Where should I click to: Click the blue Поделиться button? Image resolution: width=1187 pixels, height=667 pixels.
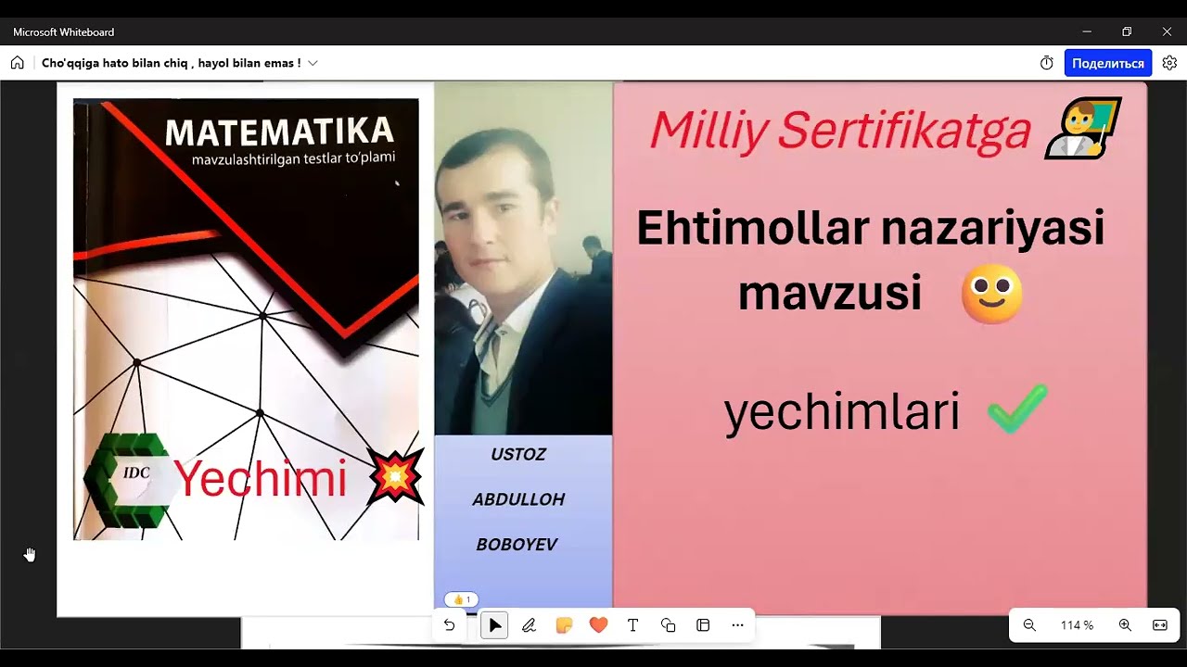point(1107,63)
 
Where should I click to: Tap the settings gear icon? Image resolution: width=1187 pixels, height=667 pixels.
point(1169,63)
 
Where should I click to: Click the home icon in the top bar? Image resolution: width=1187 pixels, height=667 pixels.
point(18,63)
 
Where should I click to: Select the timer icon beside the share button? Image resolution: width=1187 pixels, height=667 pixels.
point(1047,63)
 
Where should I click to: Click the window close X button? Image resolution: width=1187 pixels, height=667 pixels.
point(1167,31)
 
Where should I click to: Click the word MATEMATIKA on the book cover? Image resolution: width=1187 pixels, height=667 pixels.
point(279,132)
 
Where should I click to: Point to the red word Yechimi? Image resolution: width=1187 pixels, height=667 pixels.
point(261,479)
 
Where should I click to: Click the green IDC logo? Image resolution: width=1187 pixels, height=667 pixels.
point(128,478)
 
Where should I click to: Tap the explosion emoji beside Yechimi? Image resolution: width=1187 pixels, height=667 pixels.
point(395,476)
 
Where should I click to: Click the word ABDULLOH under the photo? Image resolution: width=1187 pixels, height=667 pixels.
point(518,499)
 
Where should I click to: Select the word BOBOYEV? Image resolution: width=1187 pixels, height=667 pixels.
point(517,545)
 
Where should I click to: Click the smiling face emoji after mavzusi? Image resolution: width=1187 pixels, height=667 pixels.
point(991,295)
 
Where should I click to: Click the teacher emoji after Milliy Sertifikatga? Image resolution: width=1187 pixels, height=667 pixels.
point(1082,128)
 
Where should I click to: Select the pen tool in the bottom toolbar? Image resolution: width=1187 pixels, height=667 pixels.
point(530,625)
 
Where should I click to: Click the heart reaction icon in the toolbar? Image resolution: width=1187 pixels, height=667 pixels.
point(598,625)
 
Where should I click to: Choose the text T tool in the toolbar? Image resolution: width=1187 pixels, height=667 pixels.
point(633,625)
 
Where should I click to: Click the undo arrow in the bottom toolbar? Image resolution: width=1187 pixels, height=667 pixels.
point(450,625)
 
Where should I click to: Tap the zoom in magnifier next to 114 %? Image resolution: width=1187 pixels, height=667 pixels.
point(1125,625)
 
